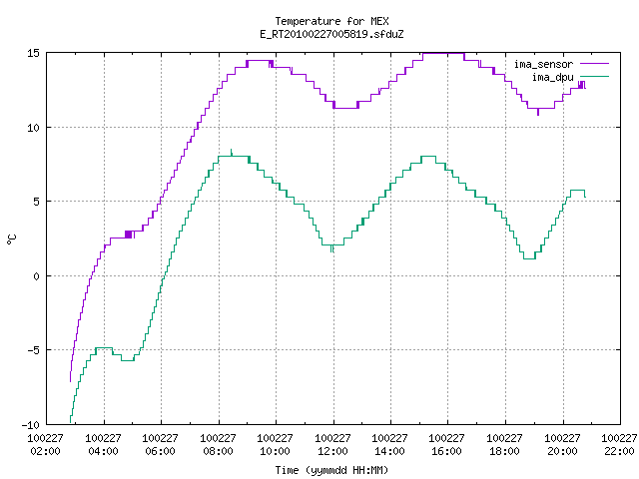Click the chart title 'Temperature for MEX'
tap(331, 21)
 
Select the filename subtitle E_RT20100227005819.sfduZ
tap(331, 34)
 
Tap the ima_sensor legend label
tap(543, 64)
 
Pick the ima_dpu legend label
tap(553, 77)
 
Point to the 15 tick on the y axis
tap(33, 53)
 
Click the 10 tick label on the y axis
tap(33, 128)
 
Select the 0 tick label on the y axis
tap(37, 276)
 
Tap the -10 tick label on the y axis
tap(31, 425)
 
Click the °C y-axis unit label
tap(12, 239)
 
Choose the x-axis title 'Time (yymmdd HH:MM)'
tap(331, 470)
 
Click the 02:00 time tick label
tap(45, 451)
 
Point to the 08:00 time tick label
tap(218, 451)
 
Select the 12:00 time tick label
tap(332, 451)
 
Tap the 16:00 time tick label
tap(446, 451)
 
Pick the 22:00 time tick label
tap(619, 451)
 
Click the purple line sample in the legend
tap(595, 64)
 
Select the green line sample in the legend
tap(595, 76)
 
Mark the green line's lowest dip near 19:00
tap(529, 258)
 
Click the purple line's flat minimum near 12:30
tap(345, 108)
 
